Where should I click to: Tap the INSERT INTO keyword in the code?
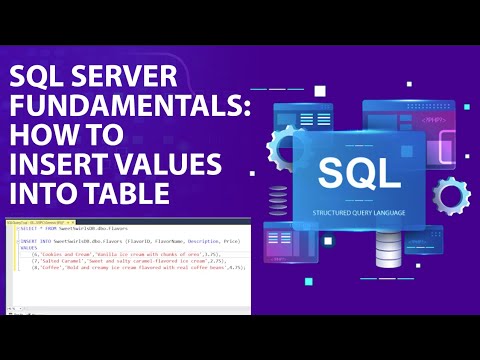pyautogui.click(x=35, y=241)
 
